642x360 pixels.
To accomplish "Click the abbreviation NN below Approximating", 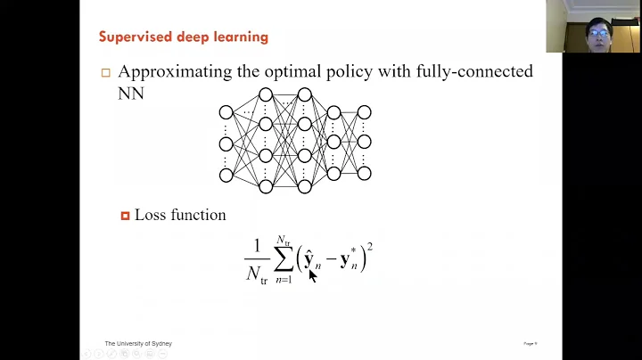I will [130, 93].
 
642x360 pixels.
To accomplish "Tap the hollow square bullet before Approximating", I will [106, 73].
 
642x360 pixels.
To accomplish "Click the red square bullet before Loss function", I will [126, 216].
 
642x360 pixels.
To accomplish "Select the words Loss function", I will [180, 215].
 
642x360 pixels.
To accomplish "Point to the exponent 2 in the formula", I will [369, 247].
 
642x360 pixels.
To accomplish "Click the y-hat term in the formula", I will [310, 260].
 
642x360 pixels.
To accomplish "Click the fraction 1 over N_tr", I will [257, 260].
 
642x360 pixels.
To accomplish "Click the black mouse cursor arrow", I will [313, 275].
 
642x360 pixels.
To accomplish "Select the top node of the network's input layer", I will [226, 112].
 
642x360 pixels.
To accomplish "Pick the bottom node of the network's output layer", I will [364, 172].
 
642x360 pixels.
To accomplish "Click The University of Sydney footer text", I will [138, 343].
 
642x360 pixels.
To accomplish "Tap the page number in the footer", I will [529, 343].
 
